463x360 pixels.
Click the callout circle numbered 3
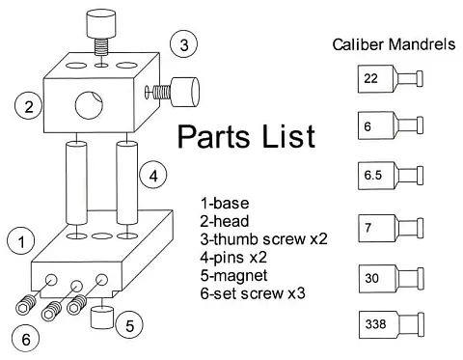click(183, 43)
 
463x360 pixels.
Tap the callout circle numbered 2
click(29, 105)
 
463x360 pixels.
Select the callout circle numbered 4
click(153, 176)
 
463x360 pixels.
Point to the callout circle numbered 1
click(21, 241)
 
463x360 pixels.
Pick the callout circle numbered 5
click(129, 325)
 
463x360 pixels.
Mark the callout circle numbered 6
click(26, 339)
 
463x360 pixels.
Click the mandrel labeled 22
click(391, 79)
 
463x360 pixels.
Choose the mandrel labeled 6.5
click(391, 176)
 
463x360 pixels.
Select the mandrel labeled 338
click(392, 324)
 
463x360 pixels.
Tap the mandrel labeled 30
click(392, 279)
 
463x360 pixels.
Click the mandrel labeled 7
click(391, 228)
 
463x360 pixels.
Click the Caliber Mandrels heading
click(394, 44)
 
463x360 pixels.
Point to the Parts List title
click(246, 136)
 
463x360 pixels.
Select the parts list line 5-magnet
click(233, 276)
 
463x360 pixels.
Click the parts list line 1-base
click(225, 204)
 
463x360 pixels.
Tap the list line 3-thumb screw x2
click(263, 239)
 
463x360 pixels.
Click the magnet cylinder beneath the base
click(102, 318)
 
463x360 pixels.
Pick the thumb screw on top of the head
click(100, 32)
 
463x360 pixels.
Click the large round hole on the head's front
click(89, 105)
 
